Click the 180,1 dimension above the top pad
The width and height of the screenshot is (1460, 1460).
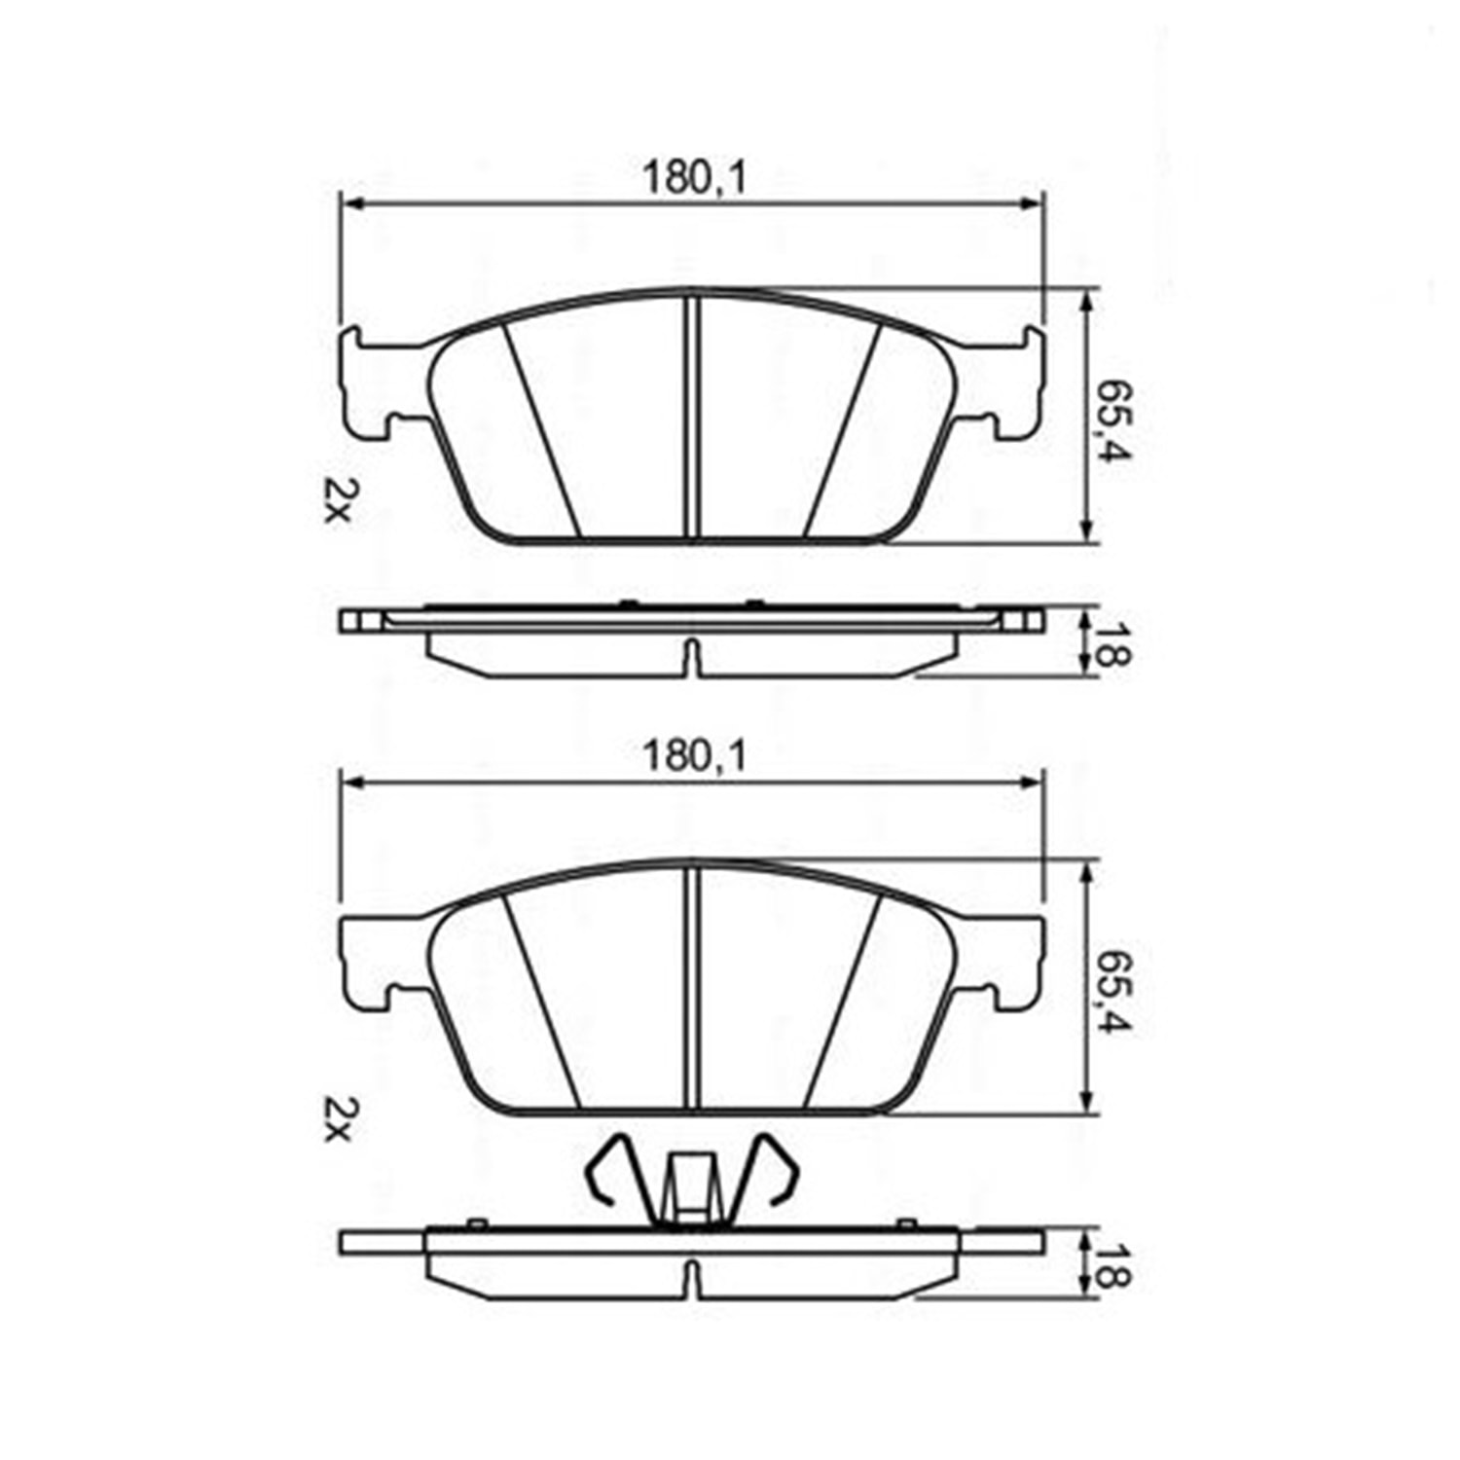click(693, 178)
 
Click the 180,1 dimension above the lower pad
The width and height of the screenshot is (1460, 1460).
click(693, 755)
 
